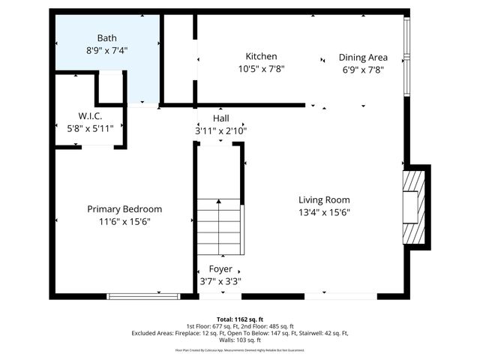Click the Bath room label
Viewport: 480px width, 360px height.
(x=106, y=37)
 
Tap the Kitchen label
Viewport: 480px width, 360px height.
(x=261, y=56)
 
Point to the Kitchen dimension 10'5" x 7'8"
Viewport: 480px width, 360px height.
(x=261, y=69)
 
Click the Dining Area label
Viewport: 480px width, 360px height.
(x=363, y=56)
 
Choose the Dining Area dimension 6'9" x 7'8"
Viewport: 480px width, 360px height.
(x=363, y=69)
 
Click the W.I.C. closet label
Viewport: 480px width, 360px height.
(x=89, y=115)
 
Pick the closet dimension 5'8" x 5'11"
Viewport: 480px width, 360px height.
(x=89, y=128)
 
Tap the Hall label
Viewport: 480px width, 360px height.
(x=220, y=118)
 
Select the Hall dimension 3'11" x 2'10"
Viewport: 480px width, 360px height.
(x=220, y=130)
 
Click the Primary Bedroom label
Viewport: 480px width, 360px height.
(x=124, y=208)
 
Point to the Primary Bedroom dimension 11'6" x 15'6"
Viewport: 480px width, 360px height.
(x=124, y=221)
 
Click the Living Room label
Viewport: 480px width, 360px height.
(x=324, y=199)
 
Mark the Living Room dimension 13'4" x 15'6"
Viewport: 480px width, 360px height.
(x=324, y=212)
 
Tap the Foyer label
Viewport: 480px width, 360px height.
(x=220, y=268)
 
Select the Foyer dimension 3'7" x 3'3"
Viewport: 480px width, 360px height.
(x=220, y=281)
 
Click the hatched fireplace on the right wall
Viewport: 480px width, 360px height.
(x=414, y=205)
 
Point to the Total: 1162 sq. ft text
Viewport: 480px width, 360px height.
(x=240, y=319)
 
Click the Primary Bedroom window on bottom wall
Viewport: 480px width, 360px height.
(x=143, y=296)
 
